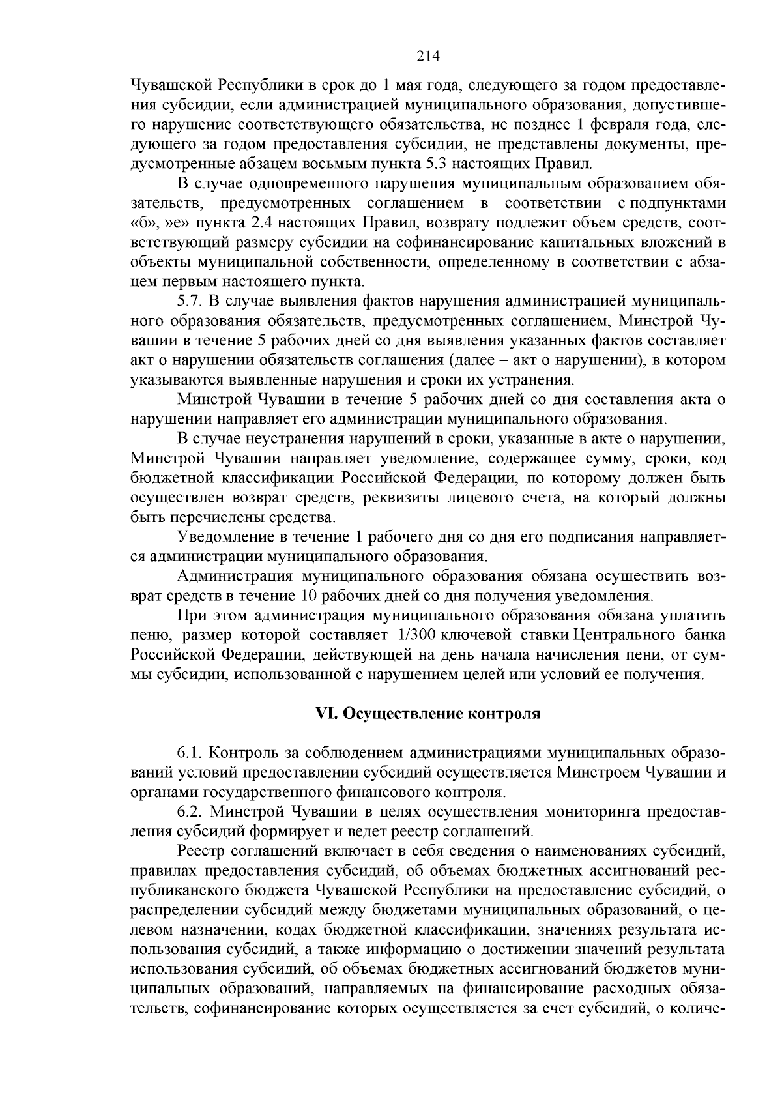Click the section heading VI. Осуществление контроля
click(427, 714)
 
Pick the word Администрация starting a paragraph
click(235, 576)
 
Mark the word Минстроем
click(598, 772)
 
